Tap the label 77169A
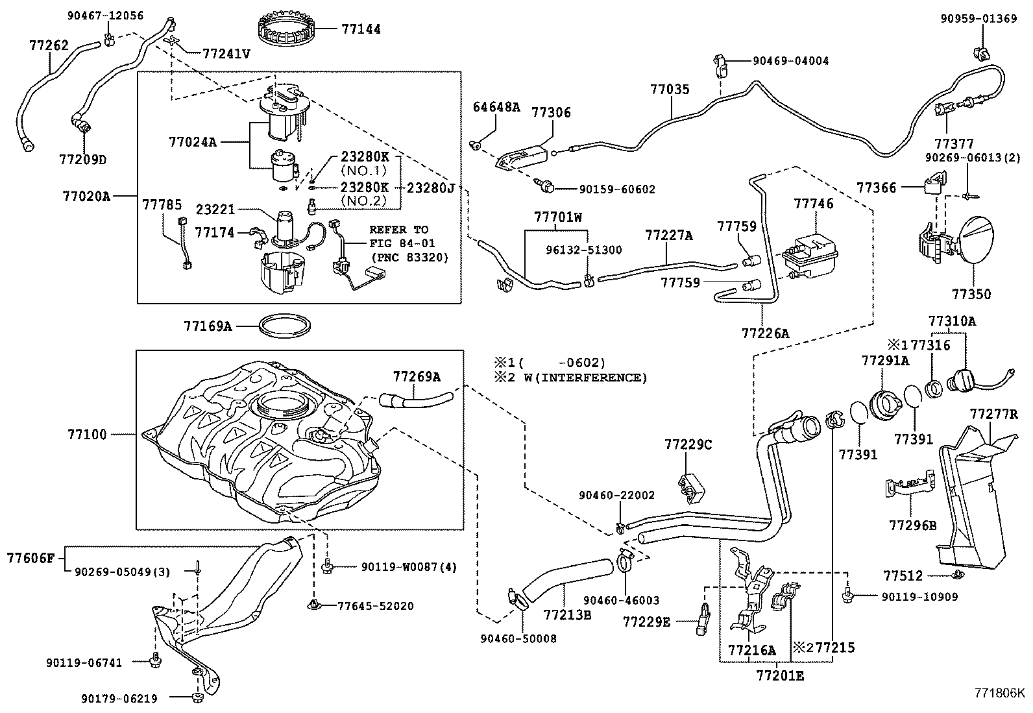click(207, 326)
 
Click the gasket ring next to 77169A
click(284, 326)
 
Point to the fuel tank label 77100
click(87, 434)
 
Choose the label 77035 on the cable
click(670, 90)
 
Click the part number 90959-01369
click(978, 19)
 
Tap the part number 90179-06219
click(119, 698)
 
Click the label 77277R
click(993, 414)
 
